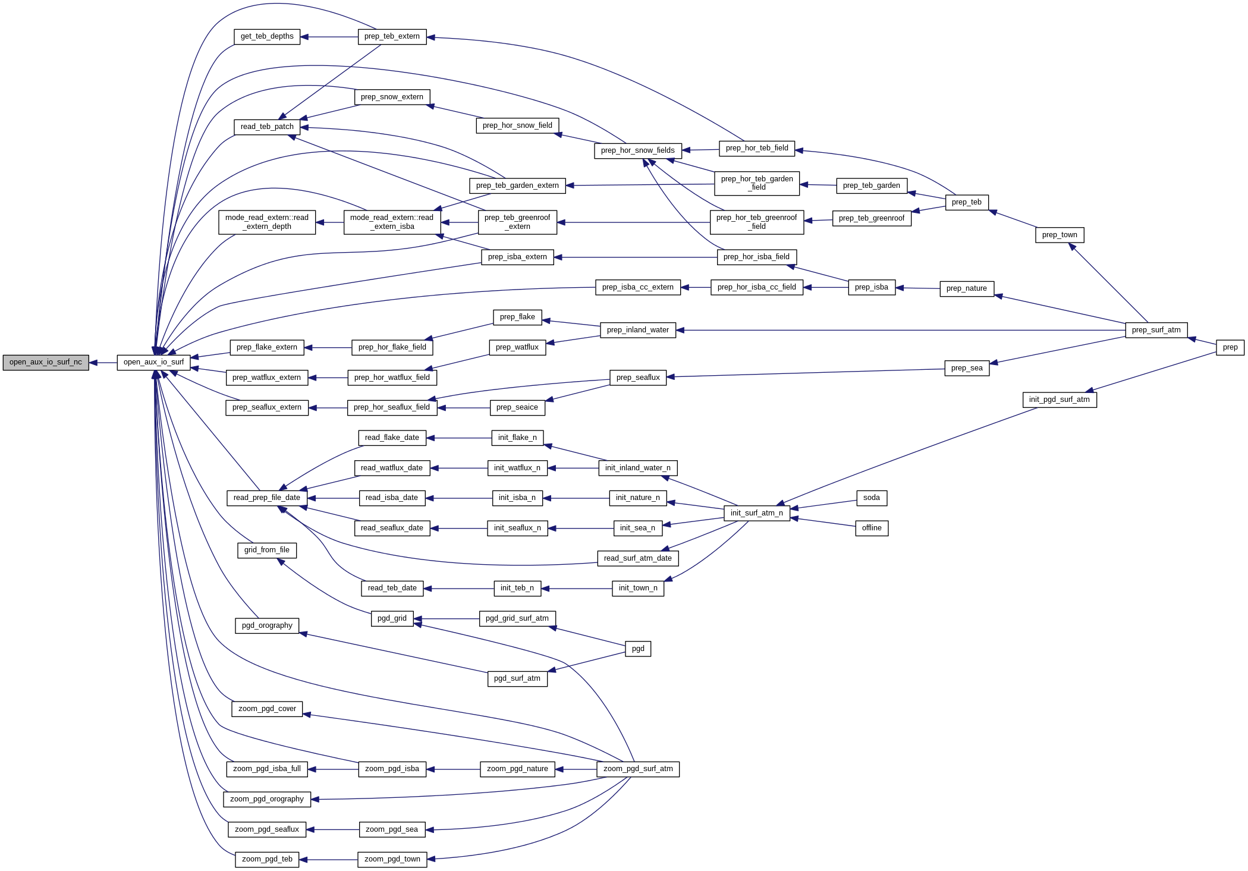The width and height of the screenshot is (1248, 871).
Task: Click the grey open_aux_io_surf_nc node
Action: pyautogui.click(x=46, y=362)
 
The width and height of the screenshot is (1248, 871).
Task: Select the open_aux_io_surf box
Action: pyautogui.click(x=153, y=362)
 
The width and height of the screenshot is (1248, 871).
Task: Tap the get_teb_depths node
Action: pyautogui.click(x=267, y=36)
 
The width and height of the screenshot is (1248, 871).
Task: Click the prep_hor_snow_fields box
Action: pyautogui.click(x=637, y=150)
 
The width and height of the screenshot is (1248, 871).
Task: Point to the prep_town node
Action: pyautogui.click(x=1060, y=235)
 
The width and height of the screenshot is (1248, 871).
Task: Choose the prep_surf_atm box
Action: pyautogui.click(x=1156, y=330)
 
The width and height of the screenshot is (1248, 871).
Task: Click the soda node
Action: pyautogui.click(x=871, y=498)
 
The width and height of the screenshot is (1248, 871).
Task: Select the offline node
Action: pyautogui.click(x=872, y=528)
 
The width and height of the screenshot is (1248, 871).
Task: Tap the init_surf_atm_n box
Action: pyautogui.click(x=756, y=513)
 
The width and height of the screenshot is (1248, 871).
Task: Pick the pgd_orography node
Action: pyautogui.click(x=267, y=625)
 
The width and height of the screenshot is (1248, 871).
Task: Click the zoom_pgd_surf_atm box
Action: pyautogui.click(x=638, y=769)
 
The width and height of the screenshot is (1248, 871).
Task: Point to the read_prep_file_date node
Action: pyautogui.click(x=266, y=498)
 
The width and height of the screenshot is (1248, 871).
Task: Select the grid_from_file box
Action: pyautogui.click(x=266, y=550)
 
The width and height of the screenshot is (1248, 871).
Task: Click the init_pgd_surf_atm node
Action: pyautogui.click(x=1059, y=400)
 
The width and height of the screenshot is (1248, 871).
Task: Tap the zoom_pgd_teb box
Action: pyautogui.click(x=267, y=859)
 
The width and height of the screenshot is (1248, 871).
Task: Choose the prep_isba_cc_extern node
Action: pyautogui.click(x=637, y=287)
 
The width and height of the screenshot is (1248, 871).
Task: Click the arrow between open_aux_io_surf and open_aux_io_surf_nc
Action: pyautogui.click(x=103, y=363)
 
